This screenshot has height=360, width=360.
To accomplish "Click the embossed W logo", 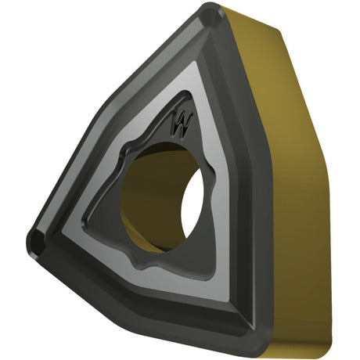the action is (182, 124).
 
